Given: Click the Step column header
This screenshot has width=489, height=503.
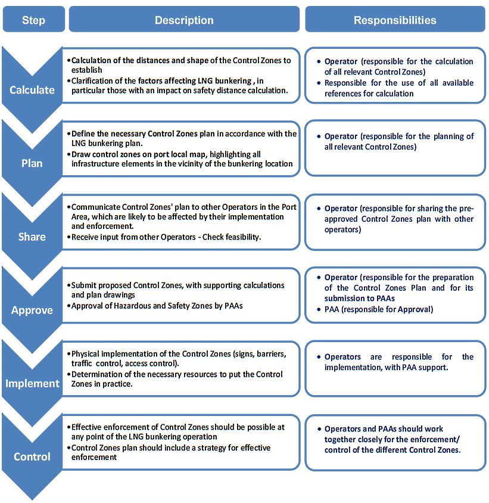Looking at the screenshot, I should point(33,20).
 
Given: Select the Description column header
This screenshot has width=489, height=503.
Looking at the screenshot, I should point(184,20).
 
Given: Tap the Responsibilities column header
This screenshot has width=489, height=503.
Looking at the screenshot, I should point(395,20).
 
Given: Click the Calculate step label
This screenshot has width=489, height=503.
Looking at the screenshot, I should point(32,90).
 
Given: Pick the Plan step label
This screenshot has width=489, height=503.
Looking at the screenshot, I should point(32,163).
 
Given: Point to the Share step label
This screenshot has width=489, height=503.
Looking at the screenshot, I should point(32,237).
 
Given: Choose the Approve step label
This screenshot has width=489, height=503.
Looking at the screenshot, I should point(32,310).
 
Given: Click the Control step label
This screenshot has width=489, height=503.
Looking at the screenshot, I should point(32,457).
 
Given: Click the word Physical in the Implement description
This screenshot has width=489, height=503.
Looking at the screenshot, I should point(88,353).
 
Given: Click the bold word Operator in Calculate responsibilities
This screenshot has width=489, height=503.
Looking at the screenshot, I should point(341,61).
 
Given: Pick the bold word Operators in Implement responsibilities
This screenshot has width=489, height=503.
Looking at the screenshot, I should point(342,357).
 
